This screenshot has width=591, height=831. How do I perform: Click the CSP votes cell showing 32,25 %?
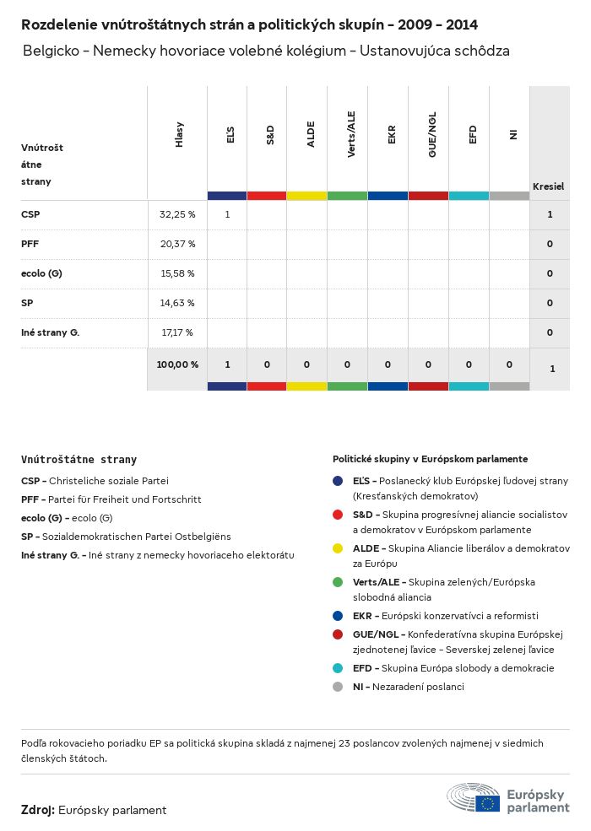coord(177,215)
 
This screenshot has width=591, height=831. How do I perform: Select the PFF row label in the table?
coord(30,244)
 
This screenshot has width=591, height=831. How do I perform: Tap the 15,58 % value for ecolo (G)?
coord(177,273)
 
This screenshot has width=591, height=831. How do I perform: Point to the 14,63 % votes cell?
coord(177,303)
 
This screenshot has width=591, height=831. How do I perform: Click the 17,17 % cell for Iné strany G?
coord(177,332)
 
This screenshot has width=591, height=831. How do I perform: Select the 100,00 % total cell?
coord(177,365)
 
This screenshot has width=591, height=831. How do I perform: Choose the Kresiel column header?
coord(548,186)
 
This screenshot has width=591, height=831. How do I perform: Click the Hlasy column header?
coord(179,135)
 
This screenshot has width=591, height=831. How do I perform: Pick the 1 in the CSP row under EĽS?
coord(227,215)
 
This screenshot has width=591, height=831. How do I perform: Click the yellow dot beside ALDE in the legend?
coord(338,548)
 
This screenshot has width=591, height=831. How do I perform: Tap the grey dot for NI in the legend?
coord(338,687)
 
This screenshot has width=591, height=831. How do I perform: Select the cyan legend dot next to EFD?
coord(338,668)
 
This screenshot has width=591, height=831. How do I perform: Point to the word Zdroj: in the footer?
coord(38,810)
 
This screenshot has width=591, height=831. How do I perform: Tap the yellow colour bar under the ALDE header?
coord(306,196)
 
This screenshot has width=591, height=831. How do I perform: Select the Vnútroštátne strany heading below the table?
coord(79,460)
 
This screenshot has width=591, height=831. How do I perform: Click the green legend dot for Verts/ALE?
coord(338,582)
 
